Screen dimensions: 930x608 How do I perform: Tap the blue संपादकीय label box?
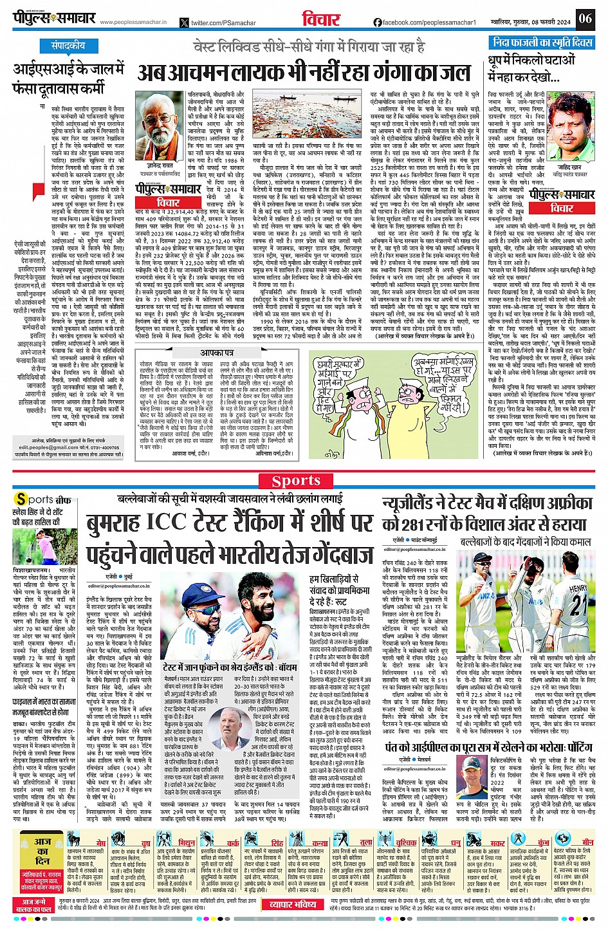point(68,46)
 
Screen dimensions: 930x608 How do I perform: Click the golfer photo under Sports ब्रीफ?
point(35,547)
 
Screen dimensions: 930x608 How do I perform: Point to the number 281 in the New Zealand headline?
point(411,525)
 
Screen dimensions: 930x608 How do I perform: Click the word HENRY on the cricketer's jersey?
point(577,588)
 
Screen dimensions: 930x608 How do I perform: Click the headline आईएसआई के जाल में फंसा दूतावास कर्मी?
point(68,77)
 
